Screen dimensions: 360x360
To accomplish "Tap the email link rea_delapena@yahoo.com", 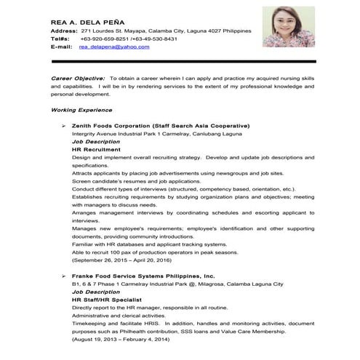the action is [x=114, y=47].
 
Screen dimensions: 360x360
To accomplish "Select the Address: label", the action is [x=63, y=32].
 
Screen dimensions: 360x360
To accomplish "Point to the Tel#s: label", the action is [x=61, y=39].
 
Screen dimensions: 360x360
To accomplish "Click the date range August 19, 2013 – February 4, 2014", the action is [x=121, y=339].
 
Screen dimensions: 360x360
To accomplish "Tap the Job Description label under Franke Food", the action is [x=97, y=292].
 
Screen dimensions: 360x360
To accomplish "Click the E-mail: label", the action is [x=61, y=47].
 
